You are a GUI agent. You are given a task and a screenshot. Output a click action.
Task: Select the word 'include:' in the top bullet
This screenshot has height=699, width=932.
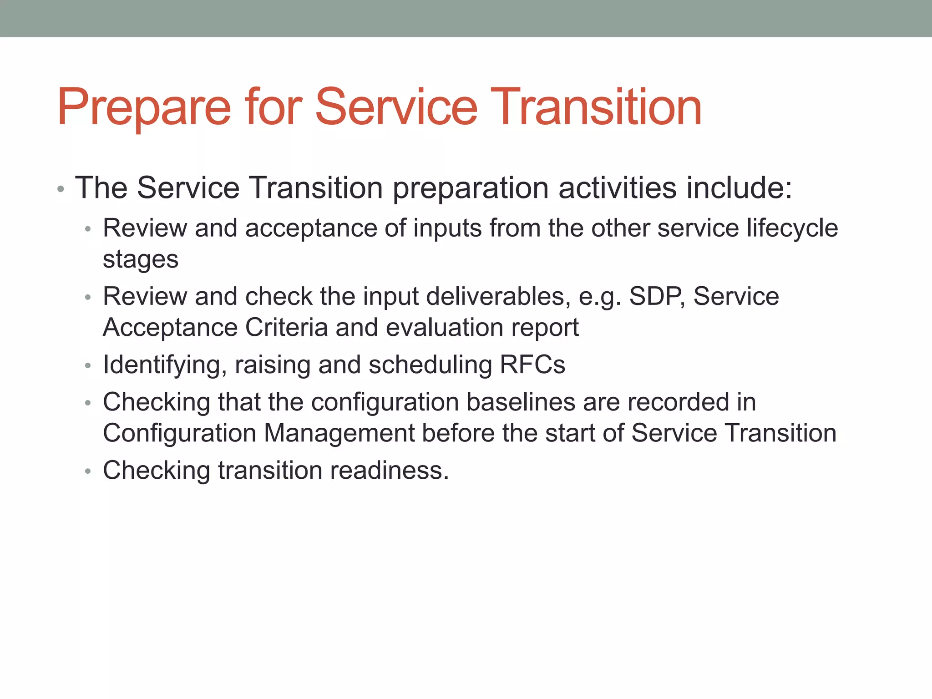coord(739,187)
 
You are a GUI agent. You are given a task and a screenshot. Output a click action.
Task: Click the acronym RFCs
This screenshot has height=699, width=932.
coord(532,365)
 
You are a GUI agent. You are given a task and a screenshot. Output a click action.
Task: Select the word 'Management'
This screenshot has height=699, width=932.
coord(339,433)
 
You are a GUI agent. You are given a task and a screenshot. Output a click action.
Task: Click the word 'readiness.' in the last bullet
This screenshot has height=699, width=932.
coord(390,470)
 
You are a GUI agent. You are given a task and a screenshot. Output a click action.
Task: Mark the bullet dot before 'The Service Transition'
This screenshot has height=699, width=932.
coord(61,189)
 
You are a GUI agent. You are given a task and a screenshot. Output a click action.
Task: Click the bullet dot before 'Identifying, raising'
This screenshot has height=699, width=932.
coord(88,366)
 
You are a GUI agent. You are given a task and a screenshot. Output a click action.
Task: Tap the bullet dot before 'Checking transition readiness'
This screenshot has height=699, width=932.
coord(88,471)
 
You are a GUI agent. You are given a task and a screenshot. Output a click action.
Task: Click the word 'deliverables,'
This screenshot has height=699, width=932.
coord(498,296)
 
